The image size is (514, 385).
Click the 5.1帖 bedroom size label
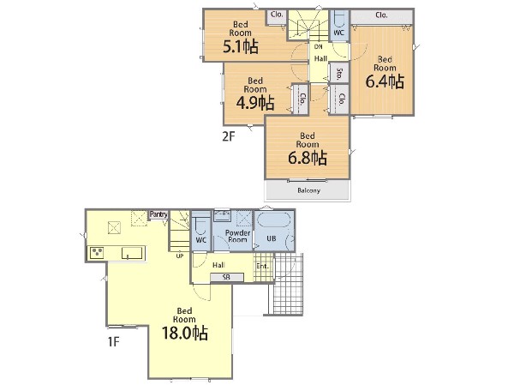[241, 47]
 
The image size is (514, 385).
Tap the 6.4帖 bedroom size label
[385, 81]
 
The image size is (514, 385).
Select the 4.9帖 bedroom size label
[255, 103]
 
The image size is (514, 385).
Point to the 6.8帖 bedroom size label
[308, 158]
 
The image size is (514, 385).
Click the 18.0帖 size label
[185, 334]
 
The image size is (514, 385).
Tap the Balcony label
[308, 190]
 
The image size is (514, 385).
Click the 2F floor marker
[229, 136]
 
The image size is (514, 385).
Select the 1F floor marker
[113, 342]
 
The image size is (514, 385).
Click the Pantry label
[158, 214]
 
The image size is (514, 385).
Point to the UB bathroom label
[272, 238]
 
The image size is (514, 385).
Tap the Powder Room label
[237, 236]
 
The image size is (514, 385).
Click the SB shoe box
[227, 277]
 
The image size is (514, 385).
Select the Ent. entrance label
[263, 266]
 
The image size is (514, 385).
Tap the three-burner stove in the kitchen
[97, 253]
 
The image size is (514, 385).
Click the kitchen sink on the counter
[133, 253]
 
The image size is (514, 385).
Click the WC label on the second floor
[338, 33]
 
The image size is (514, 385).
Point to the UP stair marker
[180, 256]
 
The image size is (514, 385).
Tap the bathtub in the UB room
[273, 220]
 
